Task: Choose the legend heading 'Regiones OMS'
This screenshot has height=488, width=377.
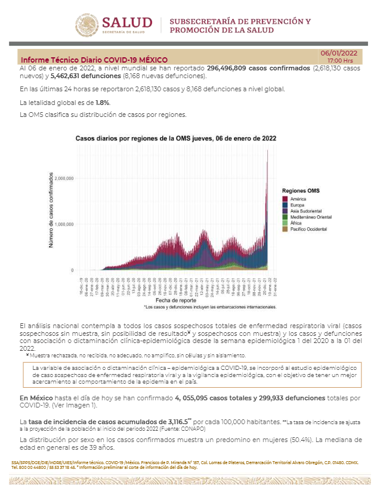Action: pyautogui.click(x=301, y=190)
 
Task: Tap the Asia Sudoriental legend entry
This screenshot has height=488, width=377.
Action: pyautogui.click(x=306, y=211)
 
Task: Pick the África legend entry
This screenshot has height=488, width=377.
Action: pyautogui.click(x=296, y=223)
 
